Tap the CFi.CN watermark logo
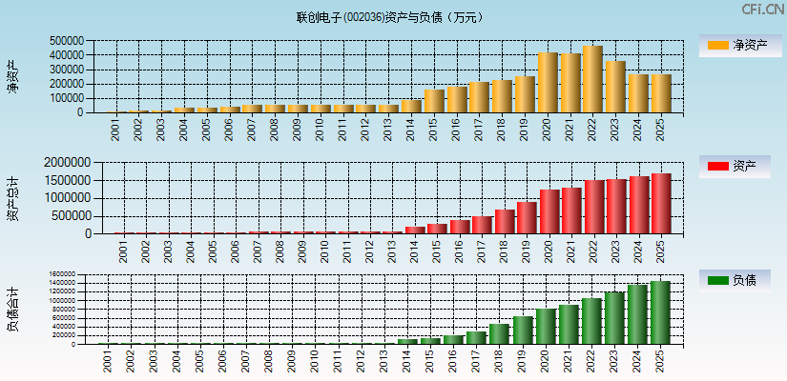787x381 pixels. pos(762,10)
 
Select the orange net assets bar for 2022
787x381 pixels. pos(592,79)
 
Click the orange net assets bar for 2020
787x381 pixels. pos(548,83)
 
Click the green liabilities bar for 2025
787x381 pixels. pos(660,312)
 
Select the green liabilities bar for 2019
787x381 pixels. pos(522,331)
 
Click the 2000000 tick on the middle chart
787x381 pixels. pos(69,163)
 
